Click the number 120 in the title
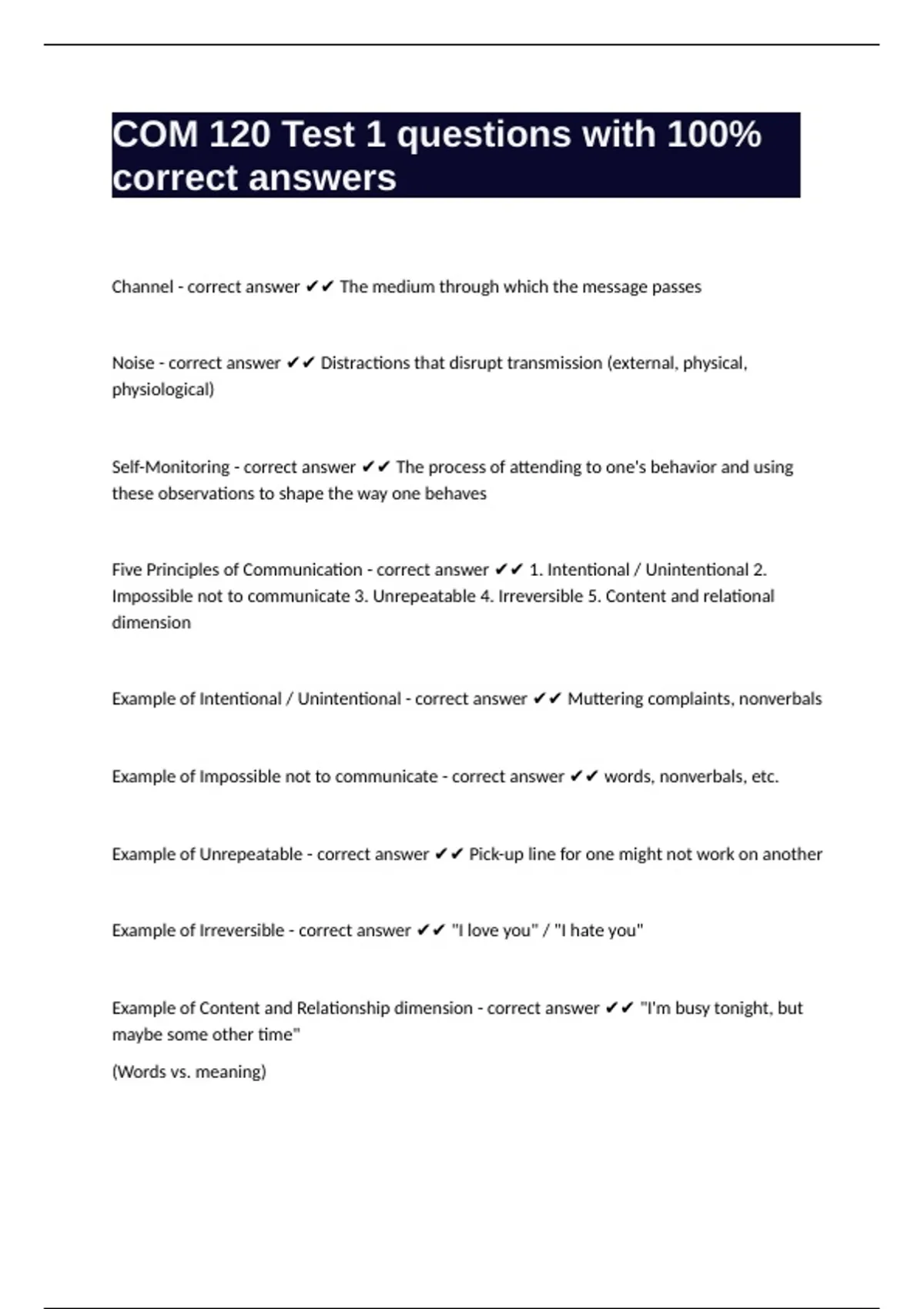point(239,135)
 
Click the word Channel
point(142,286)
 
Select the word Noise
point(133,363)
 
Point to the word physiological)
point(163,390)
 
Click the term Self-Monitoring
point(171,467)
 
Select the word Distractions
point(365,363)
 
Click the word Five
point(126,570)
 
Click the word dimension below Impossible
point(151,622)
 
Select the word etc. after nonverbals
point(765,776)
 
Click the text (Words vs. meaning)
point(189,1072)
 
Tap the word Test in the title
point(318,135)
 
